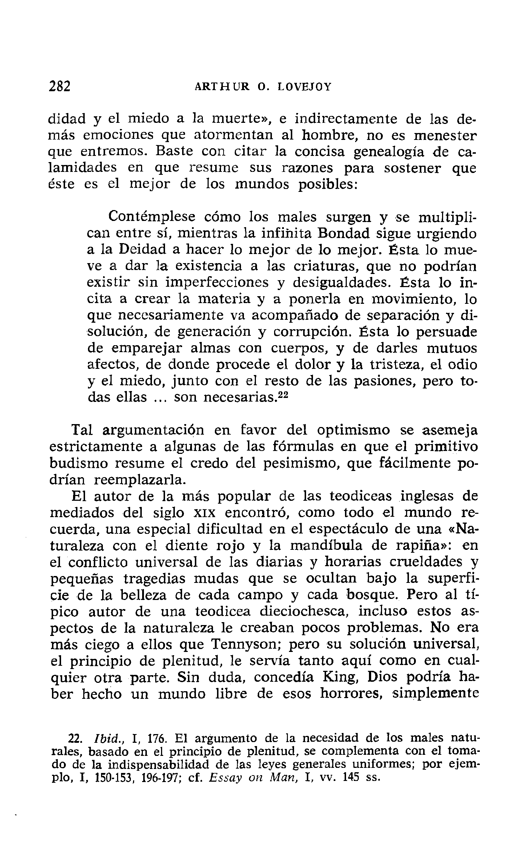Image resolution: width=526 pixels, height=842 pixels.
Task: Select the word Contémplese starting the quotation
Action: click(x=152, y=217)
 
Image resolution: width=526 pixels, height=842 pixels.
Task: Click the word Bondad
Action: click(x=344, y=233)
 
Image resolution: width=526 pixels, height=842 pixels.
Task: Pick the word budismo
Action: click(x=79, y=464)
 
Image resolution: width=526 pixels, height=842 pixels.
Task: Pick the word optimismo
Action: click(x=353, y=431)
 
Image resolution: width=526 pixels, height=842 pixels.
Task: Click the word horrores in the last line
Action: click(x=350, y=694)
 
